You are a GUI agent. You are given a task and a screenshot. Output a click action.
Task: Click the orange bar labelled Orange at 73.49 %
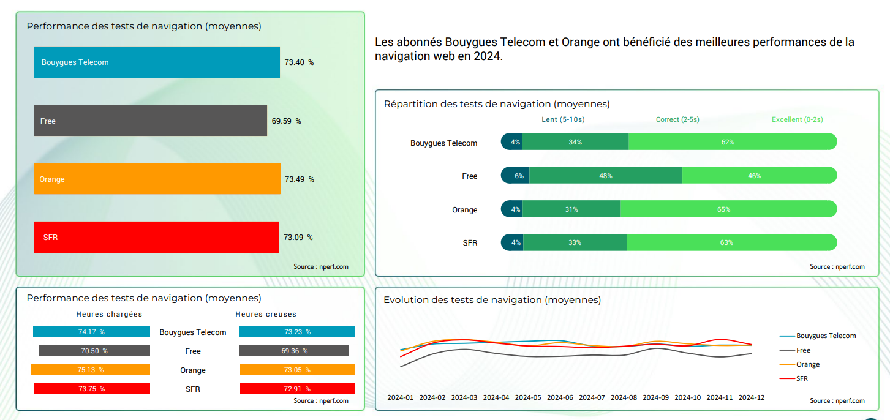(157, 179)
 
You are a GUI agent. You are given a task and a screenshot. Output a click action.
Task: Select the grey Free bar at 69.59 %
(151, 121)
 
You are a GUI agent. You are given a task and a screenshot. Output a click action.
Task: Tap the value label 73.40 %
(299, 62)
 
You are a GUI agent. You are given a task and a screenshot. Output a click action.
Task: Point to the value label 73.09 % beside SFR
(298, 238)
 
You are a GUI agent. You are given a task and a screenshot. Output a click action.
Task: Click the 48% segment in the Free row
(605, 176)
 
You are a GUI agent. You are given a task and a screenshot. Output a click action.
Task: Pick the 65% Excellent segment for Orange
(728, 209)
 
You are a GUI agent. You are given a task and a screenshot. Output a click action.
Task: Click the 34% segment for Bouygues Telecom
(575, 142)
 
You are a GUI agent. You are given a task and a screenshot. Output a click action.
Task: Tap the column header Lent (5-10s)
(563, 119)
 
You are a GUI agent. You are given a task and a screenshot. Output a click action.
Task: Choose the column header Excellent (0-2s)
(797, 119)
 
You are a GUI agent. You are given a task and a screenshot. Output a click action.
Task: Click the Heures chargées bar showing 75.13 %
(91, 370)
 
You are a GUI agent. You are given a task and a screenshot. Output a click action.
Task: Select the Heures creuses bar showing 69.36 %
(294, 351)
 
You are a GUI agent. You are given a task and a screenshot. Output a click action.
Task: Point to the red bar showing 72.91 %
(297, 389)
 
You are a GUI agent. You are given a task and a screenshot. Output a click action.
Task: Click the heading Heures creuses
(266, 314)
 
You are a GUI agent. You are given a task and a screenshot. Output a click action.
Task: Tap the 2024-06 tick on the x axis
(560, 397)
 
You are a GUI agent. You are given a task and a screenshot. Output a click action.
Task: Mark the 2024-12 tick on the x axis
(751, 397)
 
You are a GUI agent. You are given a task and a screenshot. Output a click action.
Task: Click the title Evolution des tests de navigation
(492, 300)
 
